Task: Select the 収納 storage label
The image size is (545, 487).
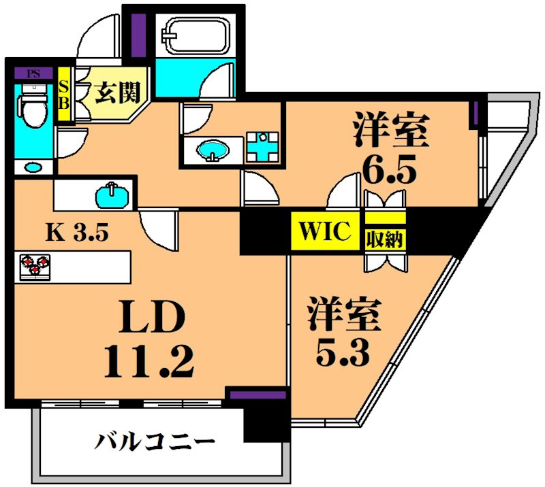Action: [386, 239]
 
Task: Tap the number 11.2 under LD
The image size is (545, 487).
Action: [149, 361]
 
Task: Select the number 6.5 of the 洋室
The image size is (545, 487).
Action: [388, 171]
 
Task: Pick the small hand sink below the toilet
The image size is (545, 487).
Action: [32, 166]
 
